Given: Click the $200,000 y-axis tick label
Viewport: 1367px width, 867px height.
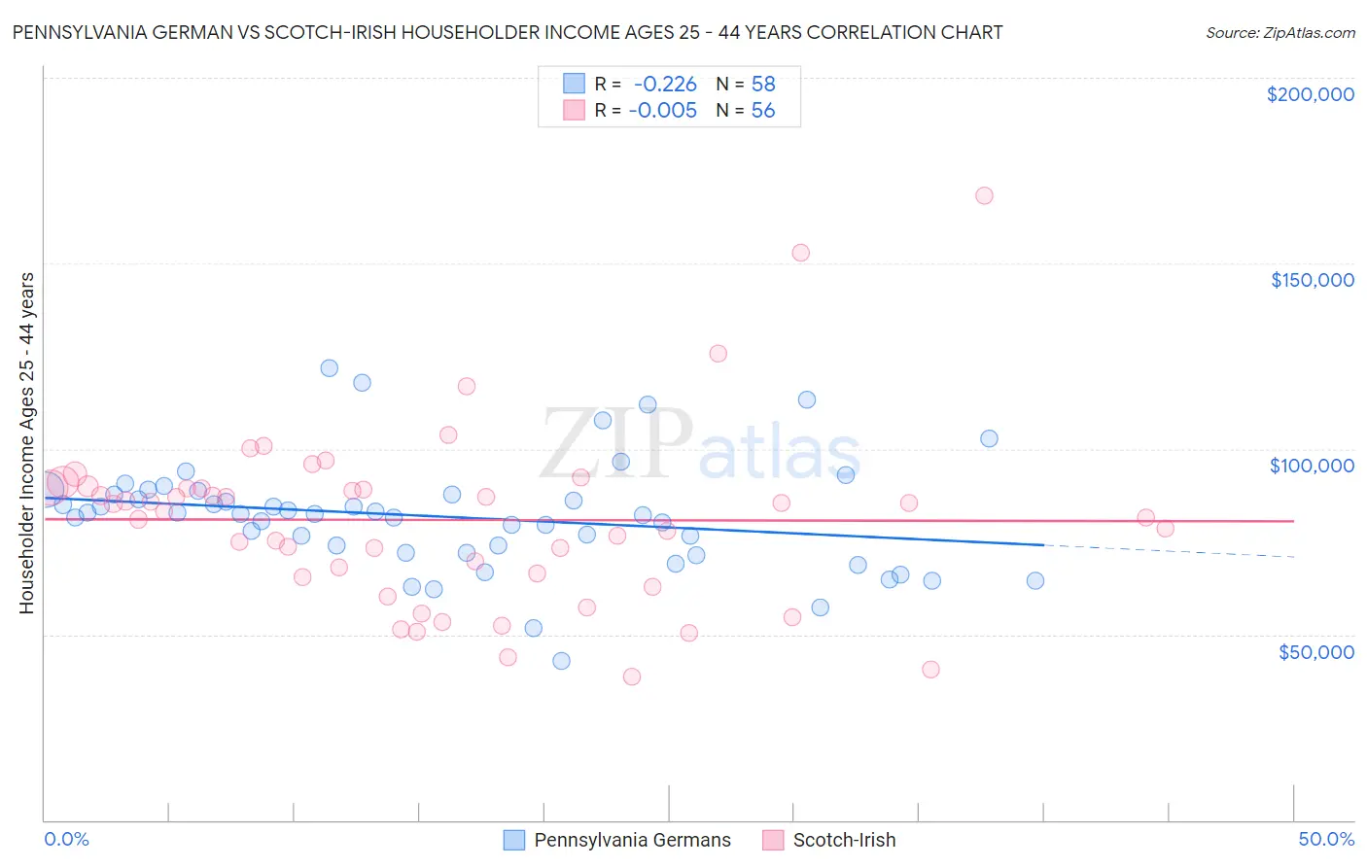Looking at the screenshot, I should [1310, 94].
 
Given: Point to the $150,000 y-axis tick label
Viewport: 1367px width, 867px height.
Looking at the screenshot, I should [1312, 280].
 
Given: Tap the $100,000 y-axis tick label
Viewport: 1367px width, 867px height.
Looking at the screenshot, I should [1312, 466].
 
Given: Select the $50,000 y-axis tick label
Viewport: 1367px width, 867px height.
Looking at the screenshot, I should [1315, 651].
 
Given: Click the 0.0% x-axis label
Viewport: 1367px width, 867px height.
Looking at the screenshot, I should [66, 839].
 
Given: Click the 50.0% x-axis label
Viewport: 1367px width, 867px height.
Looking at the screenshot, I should [1326, 839].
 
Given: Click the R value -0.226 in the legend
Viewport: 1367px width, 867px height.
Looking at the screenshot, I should [664, 85].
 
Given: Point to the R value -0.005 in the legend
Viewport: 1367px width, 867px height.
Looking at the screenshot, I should [662, 111].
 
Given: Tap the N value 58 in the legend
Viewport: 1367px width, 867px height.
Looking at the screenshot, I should [763, 85].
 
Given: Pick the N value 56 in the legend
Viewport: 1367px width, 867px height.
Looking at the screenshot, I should [763, 111].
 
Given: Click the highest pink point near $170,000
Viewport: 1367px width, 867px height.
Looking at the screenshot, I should [984, 195].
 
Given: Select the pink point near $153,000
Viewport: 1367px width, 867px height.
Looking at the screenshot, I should [801, 253].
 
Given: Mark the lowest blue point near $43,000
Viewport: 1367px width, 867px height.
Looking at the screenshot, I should [561, 661].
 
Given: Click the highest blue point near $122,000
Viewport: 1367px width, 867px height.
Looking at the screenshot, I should [330, 368].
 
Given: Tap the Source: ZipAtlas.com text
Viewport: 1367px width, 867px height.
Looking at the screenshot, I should [1279, 33].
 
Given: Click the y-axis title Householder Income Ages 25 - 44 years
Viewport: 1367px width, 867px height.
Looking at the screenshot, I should [27, 443].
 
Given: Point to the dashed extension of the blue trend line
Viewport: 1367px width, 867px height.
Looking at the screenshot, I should [1167, 551].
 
